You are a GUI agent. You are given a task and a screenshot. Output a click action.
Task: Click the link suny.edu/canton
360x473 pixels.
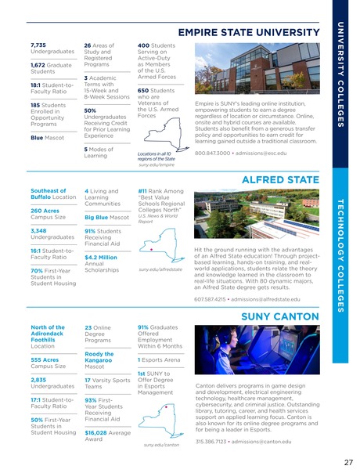point(161,444)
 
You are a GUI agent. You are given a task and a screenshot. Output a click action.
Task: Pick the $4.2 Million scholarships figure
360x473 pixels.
point(101,256)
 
